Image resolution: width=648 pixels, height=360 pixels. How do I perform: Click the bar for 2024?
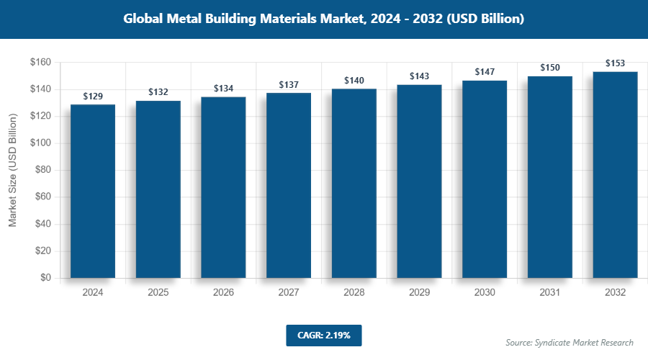93,191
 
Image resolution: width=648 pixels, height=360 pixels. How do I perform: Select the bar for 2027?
289,185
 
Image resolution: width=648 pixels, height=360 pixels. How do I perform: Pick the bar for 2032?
615,174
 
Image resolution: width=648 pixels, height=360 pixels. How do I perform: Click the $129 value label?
93,96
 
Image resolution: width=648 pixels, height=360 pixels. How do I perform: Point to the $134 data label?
223,88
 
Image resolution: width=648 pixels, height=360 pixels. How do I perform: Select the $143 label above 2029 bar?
419,76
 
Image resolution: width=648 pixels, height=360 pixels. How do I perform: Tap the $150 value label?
550,68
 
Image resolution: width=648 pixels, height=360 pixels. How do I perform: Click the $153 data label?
615,63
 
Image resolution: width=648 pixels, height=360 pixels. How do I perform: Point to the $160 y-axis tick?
40,63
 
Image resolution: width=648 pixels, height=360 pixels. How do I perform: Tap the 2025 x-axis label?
158,293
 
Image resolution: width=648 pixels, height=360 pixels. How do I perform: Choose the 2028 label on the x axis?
354,293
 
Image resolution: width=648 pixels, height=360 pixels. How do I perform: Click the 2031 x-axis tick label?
550,293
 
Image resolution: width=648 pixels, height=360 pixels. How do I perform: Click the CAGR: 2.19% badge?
323,335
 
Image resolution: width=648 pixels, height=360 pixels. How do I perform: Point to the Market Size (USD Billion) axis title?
12,170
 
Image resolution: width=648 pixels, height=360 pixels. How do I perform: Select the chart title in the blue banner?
323,19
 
